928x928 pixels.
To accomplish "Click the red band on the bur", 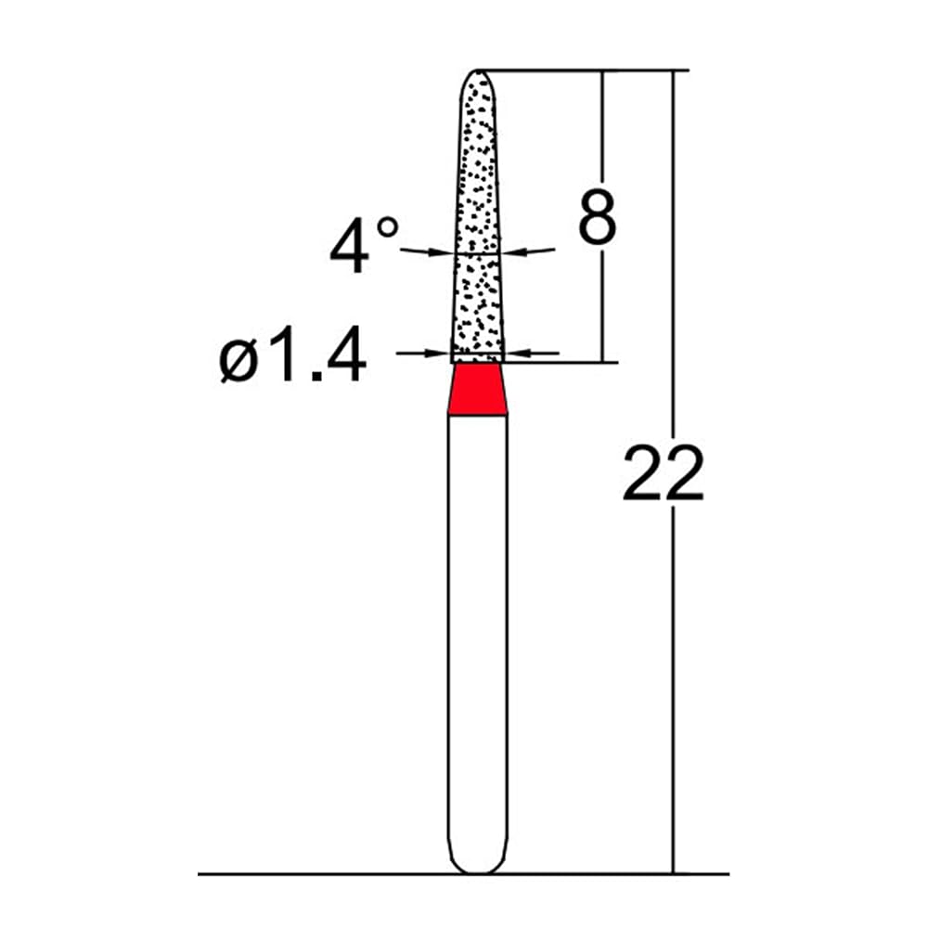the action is pyautogui.click(x=478, y=390).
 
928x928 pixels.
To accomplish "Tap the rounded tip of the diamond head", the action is pyautogui.click(x=478, y=71).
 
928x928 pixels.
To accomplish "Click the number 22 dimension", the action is pyautogui.click(x=663, y=474).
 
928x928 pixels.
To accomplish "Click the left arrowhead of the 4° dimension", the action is pyautogui.click(x=442, y=252).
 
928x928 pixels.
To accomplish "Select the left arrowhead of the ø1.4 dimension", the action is pyautogui.click(x=439, y=354).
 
